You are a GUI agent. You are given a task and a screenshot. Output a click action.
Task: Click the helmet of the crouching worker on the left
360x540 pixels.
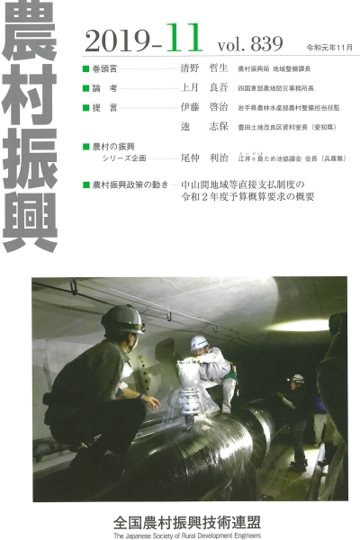coord(121,318)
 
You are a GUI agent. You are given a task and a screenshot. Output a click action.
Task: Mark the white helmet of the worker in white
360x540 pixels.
coord(198,342)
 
